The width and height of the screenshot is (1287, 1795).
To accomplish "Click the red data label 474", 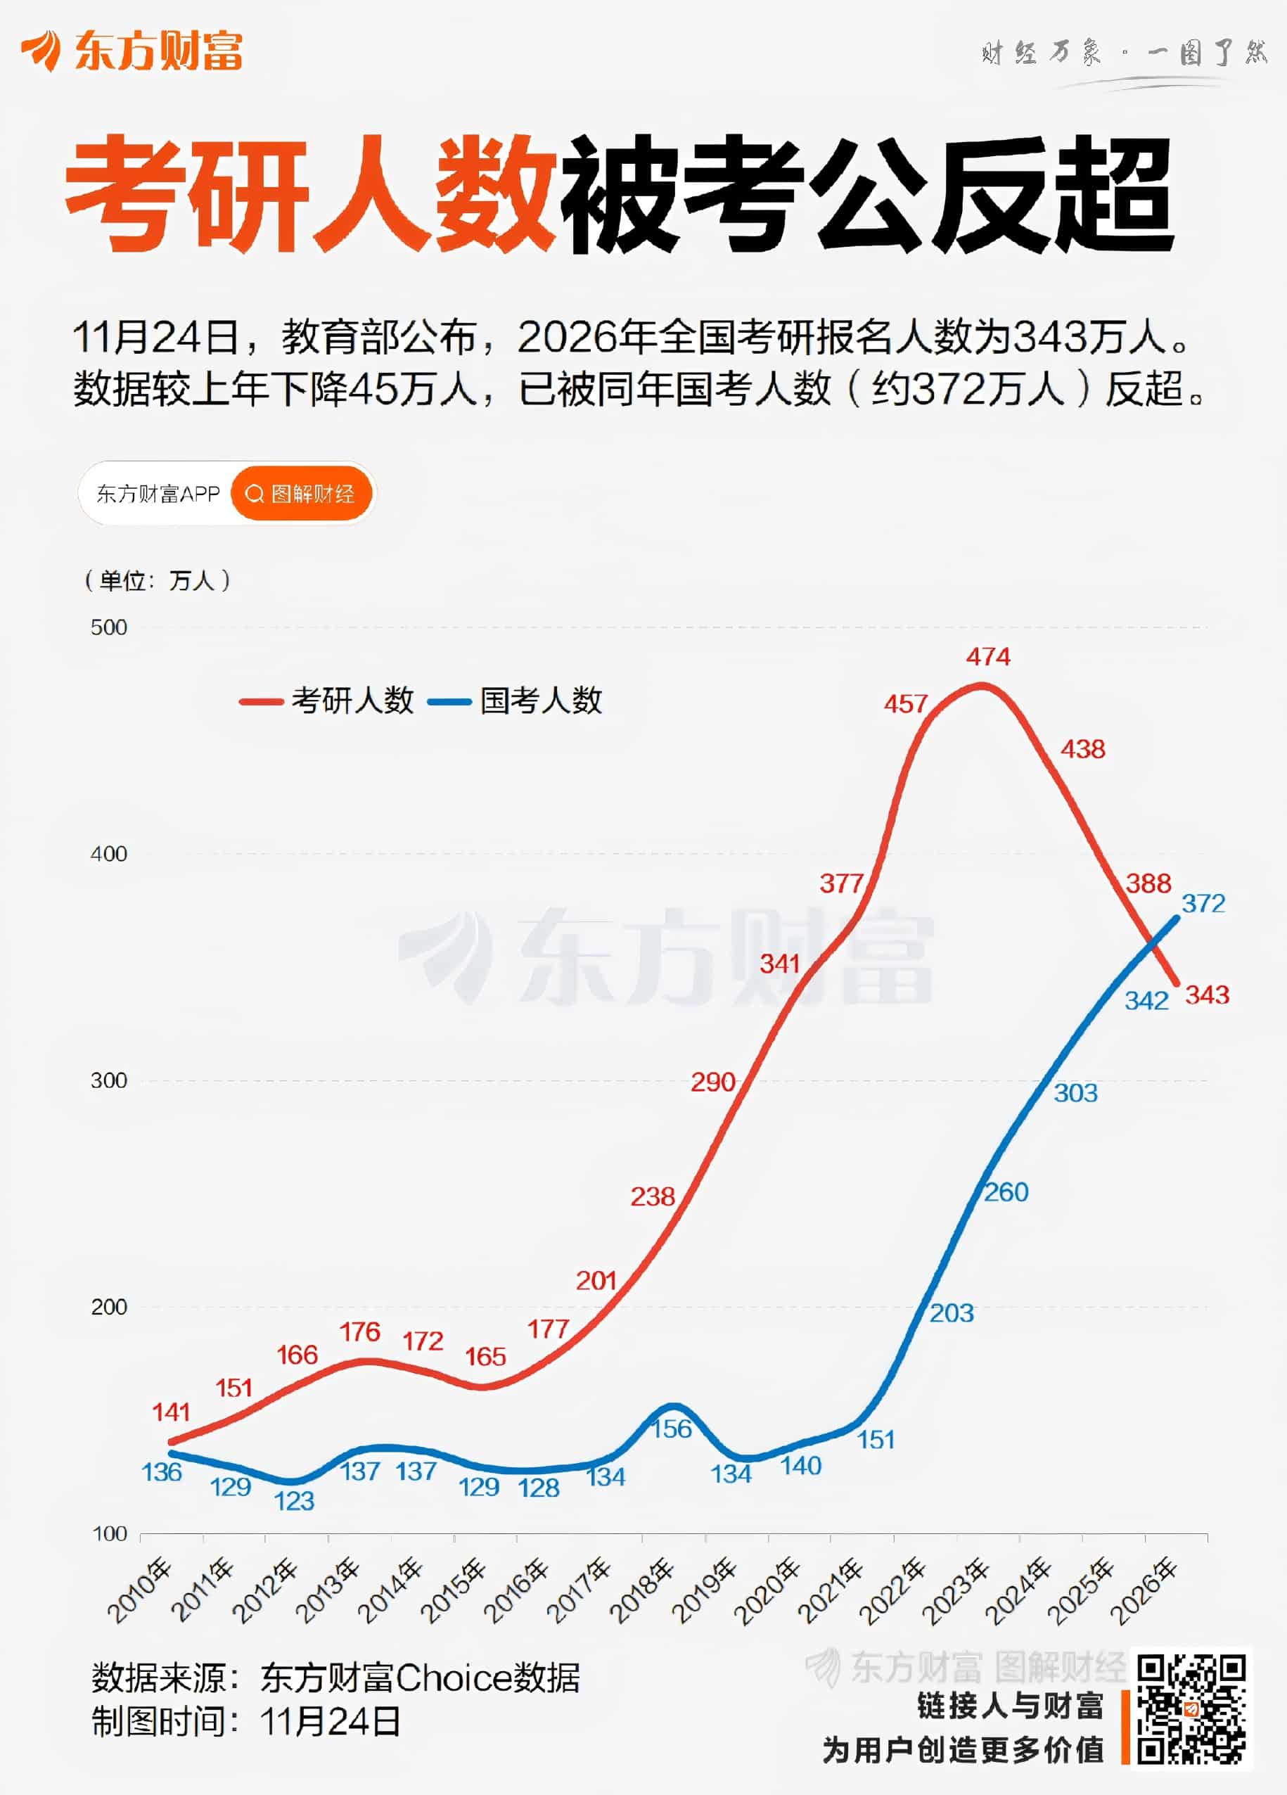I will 988,656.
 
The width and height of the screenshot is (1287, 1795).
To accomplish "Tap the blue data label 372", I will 1203,903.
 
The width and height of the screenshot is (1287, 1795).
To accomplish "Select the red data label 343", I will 1207,995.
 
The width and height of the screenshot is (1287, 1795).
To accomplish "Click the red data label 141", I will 171,1412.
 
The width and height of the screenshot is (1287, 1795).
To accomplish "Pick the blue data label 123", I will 294,1502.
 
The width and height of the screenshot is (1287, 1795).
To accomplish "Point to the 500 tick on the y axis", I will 108,627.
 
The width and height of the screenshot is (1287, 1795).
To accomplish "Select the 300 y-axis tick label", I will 108,1080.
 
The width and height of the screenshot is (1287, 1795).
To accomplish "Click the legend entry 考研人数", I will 328,701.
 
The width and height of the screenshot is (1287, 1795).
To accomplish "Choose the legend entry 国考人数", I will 516,701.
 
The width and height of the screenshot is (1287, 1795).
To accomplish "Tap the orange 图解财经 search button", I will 302,494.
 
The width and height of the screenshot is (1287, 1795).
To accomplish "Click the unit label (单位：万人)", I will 158,580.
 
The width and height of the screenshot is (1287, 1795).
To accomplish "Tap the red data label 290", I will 712,1082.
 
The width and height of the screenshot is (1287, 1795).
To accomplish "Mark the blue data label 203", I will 952,1313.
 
